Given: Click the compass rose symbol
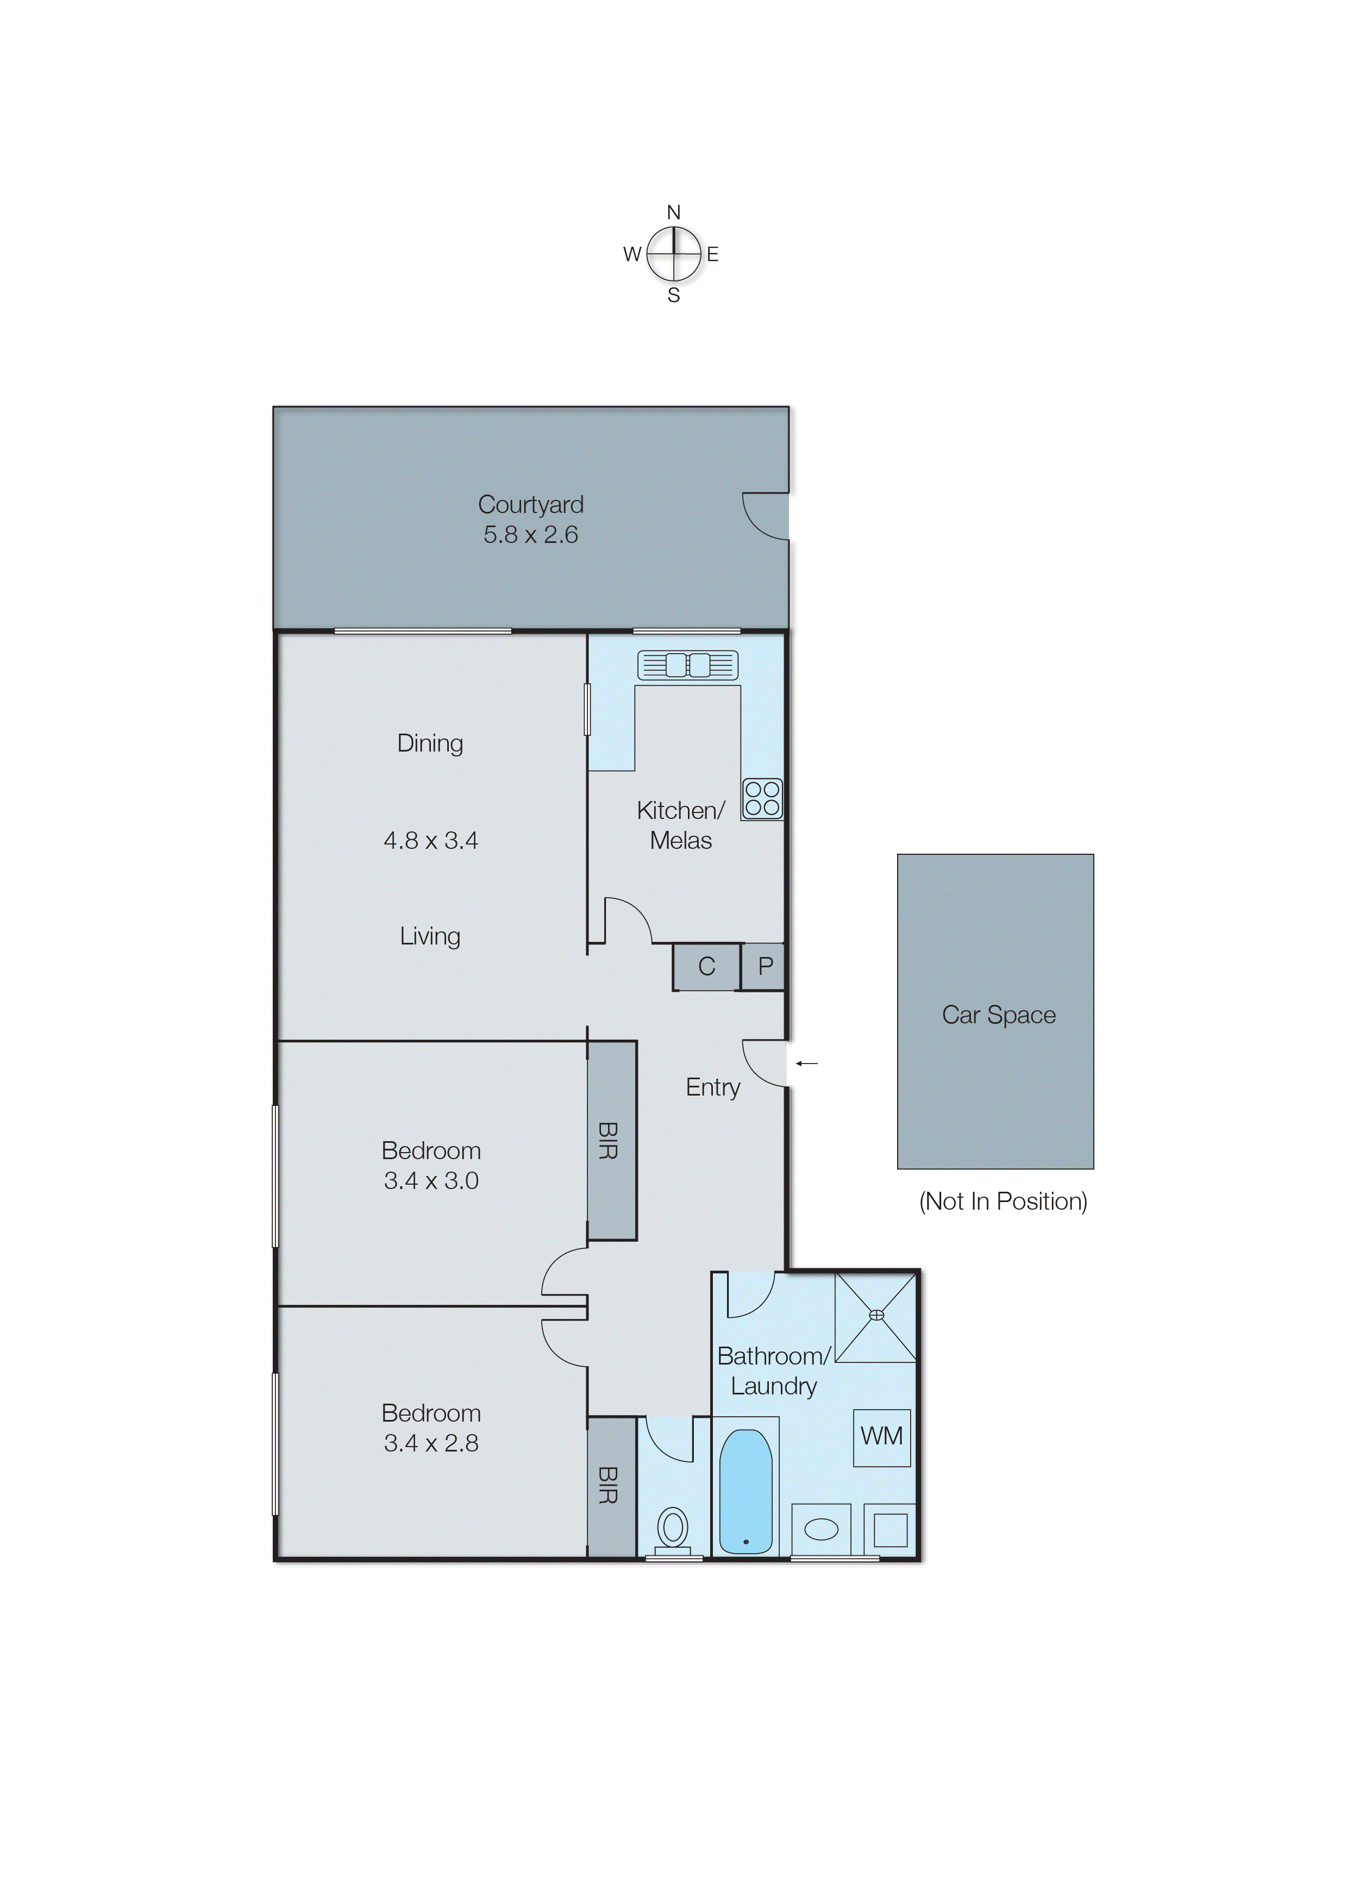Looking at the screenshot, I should point(674,254).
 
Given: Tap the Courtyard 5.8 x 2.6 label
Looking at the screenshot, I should point(531,520).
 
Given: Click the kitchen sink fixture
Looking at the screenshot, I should point(687,665).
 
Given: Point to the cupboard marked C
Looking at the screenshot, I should point(706,966).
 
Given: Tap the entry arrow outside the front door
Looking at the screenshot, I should point(806,1062).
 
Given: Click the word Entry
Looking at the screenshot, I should point(712,1087).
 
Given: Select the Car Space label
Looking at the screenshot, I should point(999,1015).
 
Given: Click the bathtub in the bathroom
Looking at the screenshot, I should point(745,1491).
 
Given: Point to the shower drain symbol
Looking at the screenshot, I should point(876,1315).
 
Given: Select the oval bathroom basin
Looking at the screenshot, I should point(821,1529).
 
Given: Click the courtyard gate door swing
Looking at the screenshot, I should point(765,516).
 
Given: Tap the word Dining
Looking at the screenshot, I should point(430,743).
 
